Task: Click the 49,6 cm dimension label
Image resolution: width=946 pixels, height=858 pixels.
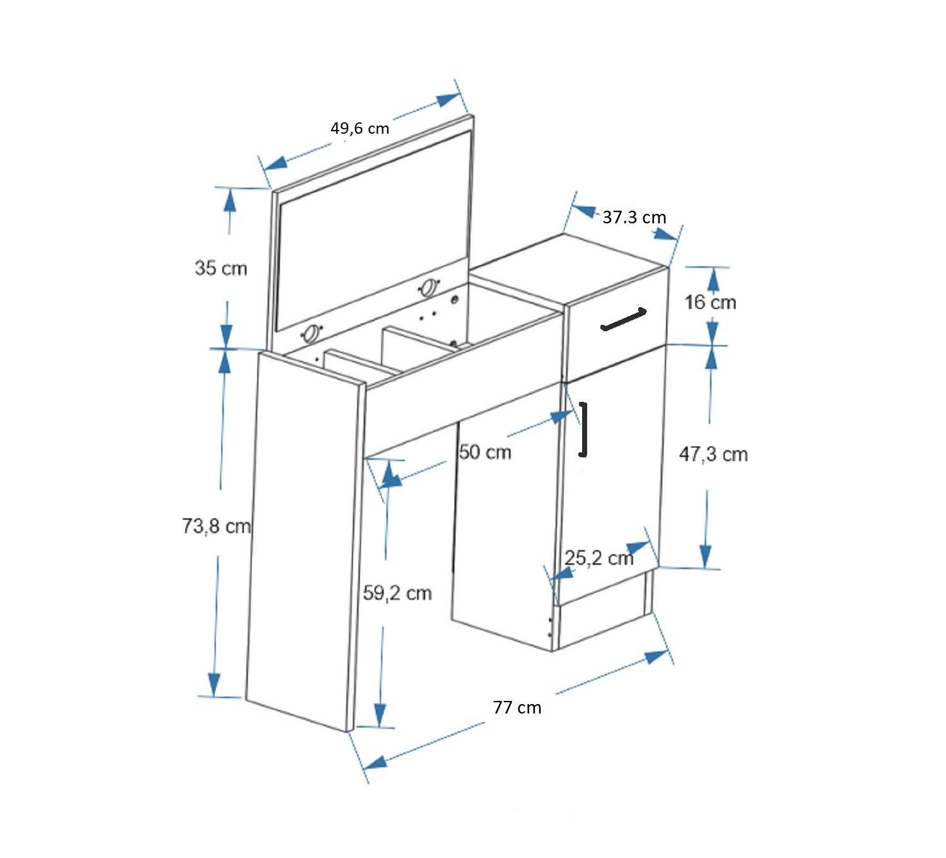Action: click(359, 129)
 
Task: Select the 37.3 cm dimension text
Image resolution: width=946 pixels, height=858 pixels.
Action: click(634, 218)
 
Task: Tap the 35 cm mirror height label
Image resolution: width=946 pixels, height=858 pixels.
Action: click(221, 268)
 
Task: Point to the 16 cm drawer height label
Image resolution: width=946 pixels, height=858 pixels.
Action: click(711, 302)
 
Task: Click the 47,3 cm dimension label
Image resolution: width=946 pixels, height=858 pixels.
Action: click(713, 454)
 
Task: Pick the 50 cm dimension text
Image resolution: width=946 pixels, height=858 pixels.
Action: click(485, 452)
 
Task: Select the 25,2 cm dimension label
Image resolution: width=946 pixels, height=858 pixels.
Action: click(599, 558)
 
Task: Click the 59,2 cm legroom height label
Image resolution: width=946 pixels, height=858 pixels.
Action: click(397, 593)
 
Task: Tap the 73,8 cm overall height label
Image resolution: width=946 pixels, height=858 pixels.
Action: click(216, 526)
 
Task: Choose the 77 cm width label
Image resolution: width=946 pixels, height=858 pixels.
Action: click(517, 707)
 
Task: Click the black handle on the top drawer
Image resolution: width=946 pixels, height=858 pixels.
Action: click(624, 319)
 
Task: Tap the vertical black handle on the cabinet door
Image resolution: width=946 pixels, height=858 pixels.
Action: click(584, 430)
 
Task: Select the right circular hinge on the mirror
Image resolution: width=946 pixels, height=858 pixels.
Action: click(429, 287)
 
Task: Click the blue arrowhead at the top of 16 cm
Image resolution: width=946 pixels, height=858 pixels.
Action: click(713, 277)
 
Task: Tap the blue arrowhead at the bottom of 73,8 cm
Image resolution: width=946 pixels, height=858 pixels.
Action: click(214, 684)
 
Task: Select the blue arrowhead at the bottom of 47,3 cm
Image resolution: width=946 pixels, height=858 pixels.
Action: click(706, 555)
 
